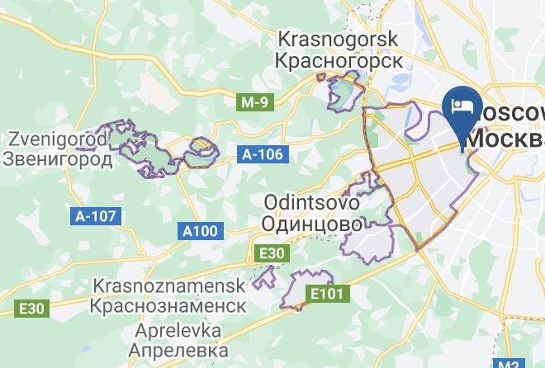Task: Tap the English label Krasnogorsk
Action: coord(339,39)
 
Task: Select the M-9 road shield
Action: coord(254,103)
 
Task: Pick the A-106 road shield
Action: coord(263,154)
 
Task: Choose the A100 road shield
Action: coord(201,230)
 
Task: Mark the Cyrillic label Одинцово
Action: coord(311,224)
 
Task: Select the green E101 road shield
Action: coord(328,293)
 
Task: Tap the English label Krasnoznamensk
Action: coord(170,285)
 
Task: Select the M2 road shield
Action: coord(509,362)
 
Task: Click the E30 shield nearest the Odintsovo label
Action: coord(272,253)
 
